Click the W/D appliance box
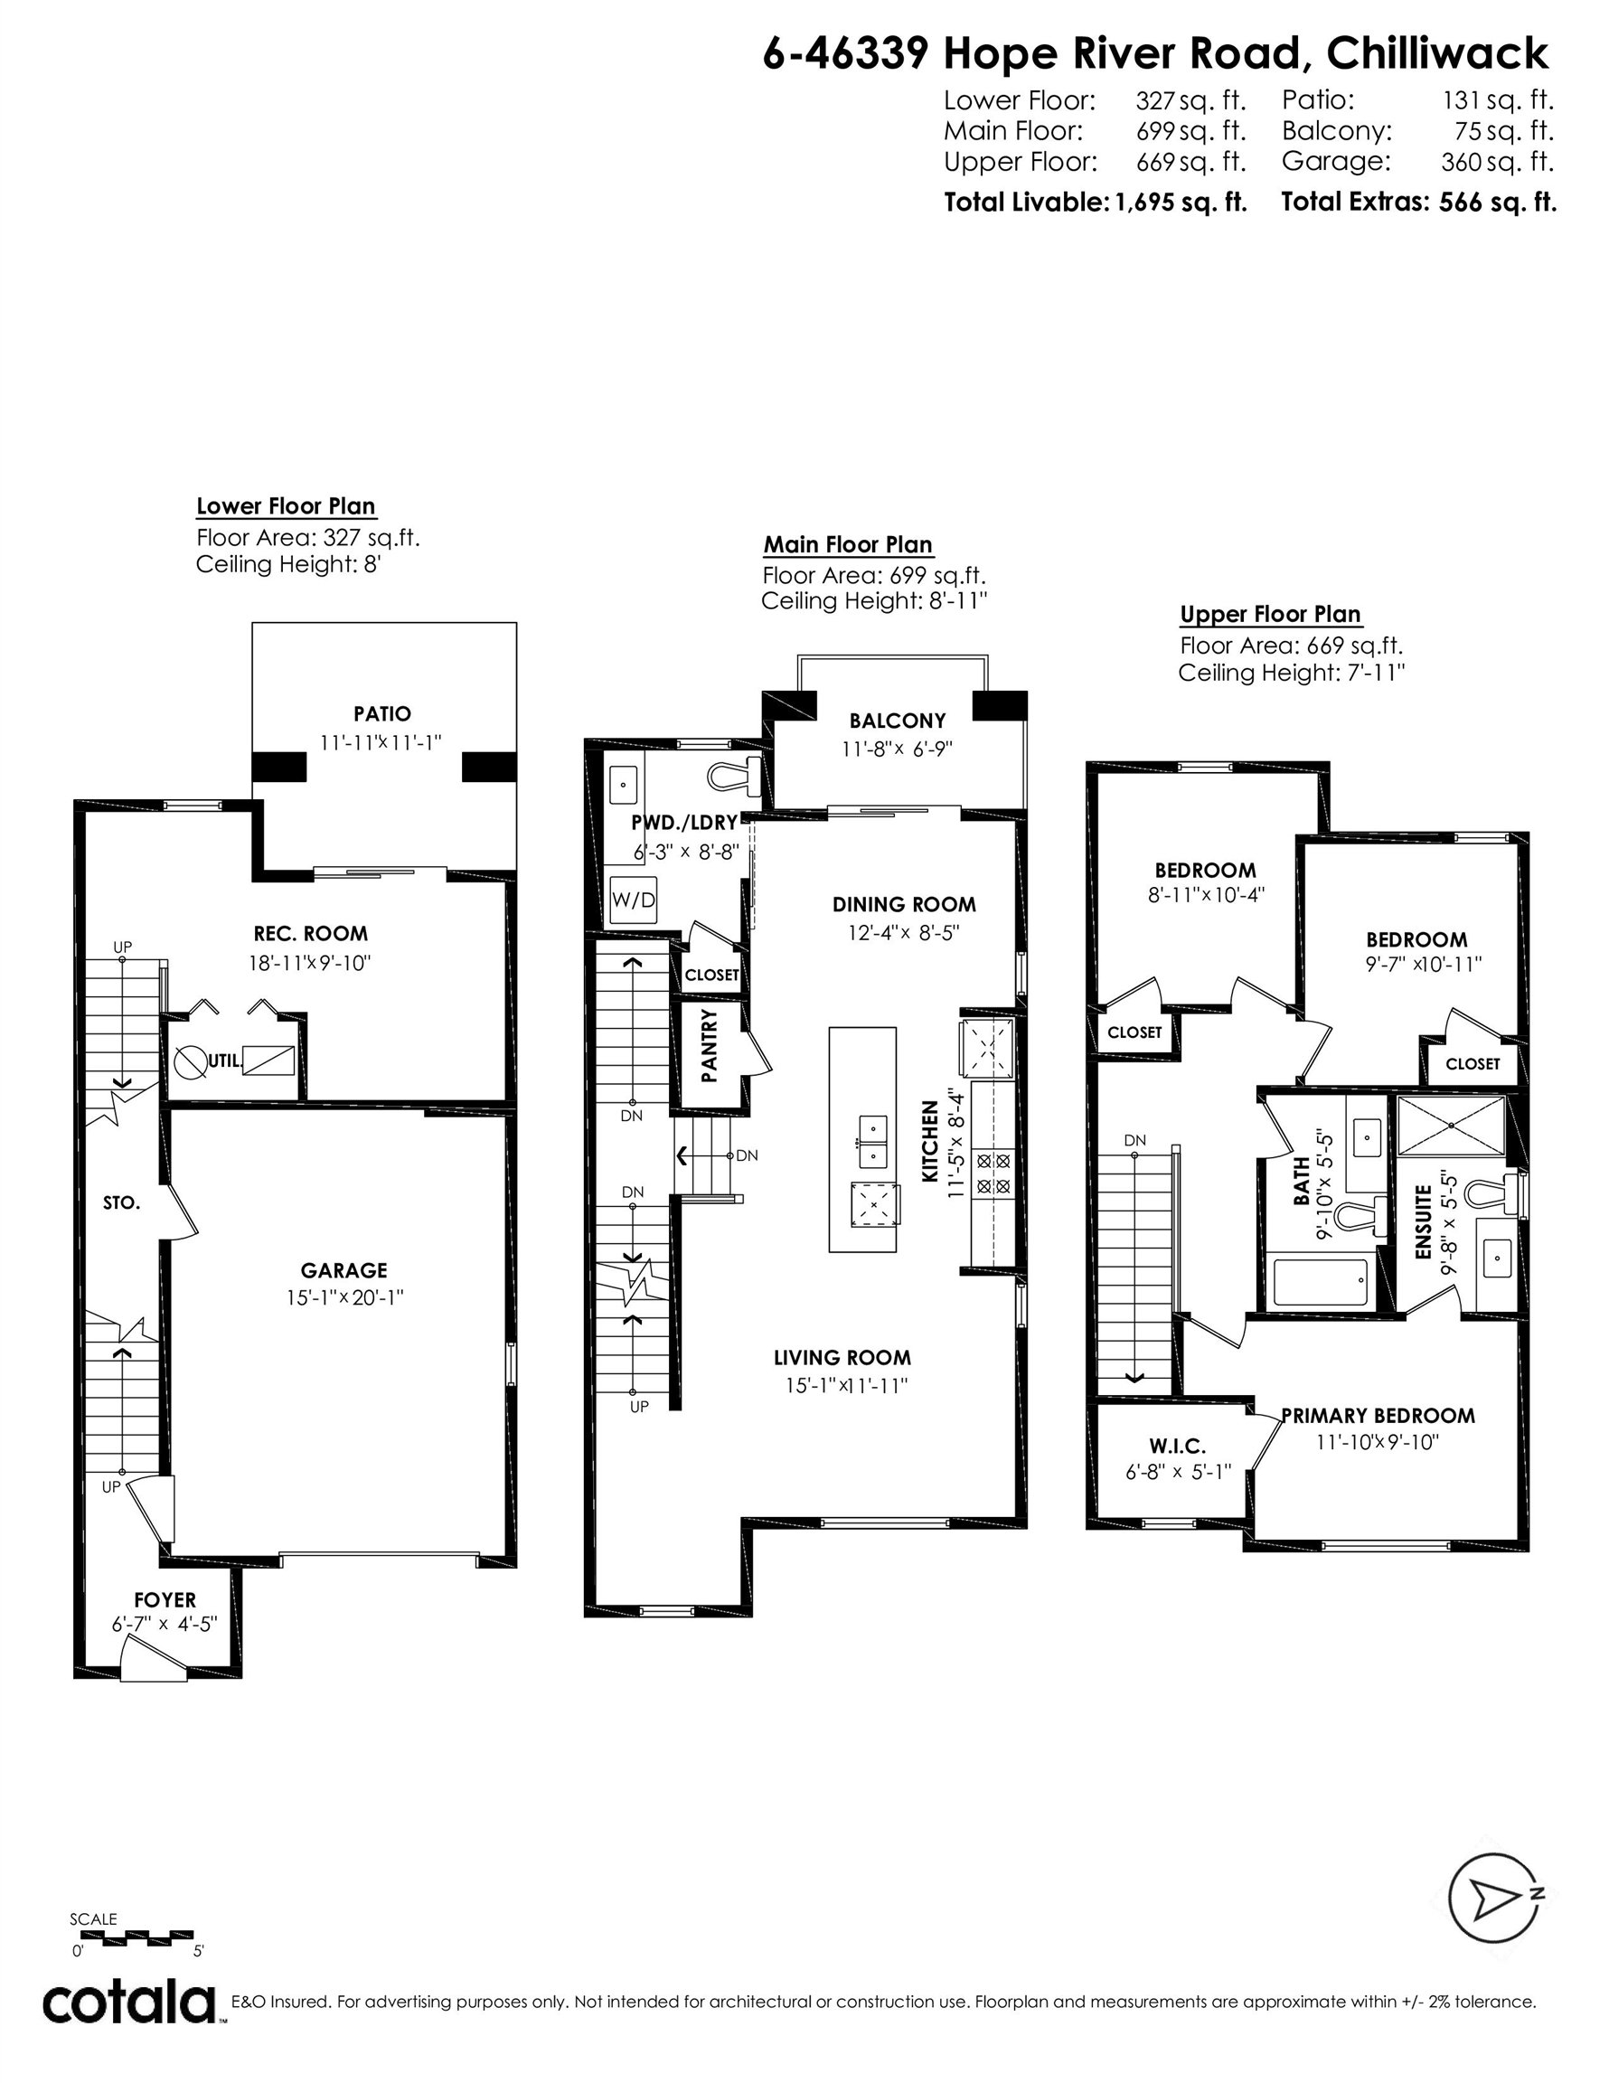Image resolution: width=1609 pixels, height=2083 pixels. click(634, 899)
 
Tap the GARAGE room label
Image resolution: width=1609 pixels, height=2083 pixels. click(344, 1269)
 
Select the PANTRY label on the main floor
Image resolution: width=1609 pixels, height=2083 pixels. click(709, 1045)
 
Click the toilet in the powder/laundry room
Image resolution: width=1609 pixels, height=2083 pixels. click(734, 776)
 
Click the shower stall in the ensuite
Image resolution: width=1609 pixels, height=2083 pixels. click(1451, 1126)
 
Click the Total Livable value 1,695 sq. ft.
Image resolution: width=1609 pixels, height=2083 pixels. click(1181, 203)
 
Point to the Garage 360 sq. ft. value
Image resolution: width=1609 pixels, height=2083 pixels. click(1498, 162)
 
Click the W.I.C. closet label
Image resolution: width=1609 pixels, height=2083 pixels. click(1177, 1447)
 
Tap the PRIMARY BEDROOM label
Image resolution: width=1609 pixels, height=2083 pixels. click(1378, 1416)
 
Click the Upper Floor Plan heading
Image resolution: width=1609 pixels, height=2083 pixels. click(1270, 614)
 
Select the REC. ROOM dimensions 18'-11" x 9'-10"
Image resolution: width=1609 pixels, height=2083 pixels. click(310, 962)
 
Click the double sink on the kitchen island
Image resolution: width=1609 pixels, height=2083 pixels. click(872, 1142)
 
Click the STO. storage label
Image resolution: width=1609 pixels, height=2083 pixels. click(121, 1203)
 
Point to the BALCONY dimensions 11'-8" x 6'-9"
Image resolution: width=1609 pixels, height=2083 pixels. click(897, 749)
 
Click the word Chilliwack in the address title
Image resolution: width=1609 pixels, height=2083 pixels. click(1437, 53)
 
